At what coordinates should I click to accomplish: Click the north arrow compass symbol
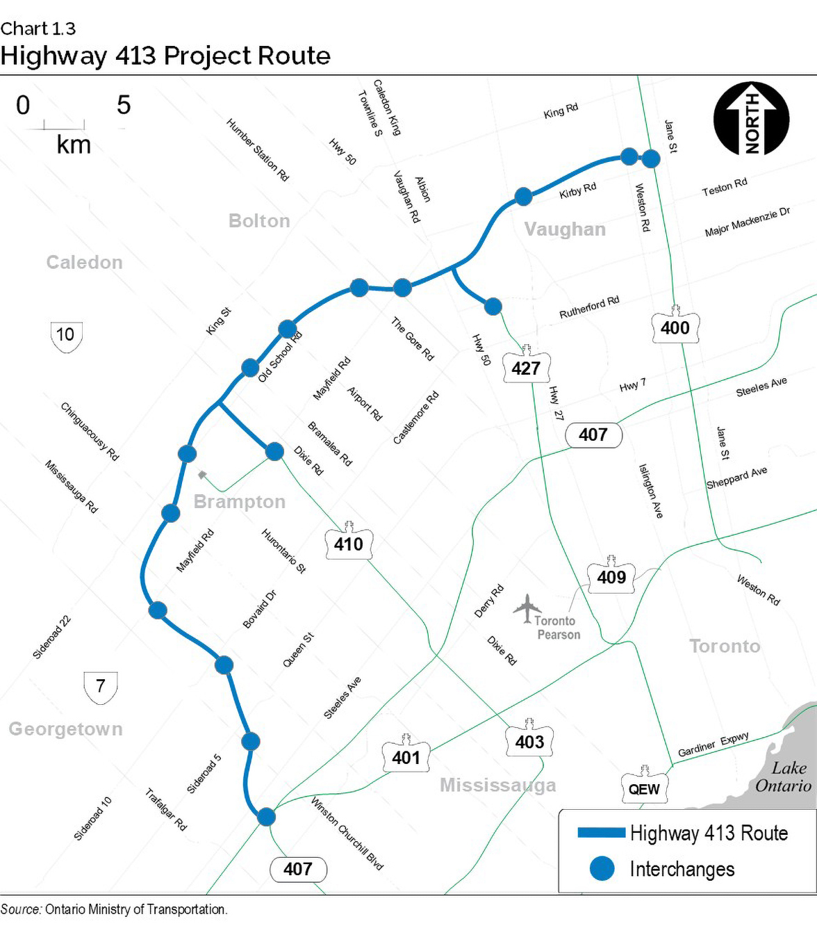click(751, 119)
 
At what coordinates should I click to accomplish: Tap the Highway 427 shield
click(526, 366)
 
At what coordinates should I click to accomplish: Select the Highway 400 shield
click(675, 326)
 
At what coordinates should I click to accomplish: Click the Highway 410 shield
click(348, 542)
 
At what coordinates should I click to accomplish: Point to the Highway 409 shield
click(611, 576)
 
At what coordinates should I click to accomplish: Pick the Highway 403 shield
click(529, 740)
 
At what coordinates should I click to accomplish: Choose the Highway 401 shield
click(406, 756)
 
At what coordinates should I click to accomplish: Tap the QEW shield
click(644, 788)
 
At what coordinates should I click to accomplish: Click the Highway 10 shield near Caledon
click(66, 336)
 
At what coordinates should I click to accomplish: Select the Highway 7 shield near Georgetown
click(101, 687)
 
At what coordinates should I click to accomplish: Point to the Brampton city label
click(240, 502)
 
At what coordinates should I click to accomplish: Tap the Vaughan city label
click(565, 229)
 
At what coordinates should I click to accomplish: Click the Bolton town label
click(259, 221)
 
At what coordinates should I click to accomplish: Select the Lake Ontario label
click(785, 777)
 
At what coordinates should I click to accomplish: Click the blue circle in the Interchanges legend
click(602, 868)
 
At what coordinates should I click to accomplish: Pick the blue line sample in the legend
click(601, 832)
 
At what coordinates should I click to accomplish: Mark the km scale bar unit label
click(74, 145)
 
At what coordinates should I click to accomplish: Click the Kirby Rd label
click(578, 190)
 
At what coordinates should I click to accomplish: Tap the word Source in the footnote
click(21, 909)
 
